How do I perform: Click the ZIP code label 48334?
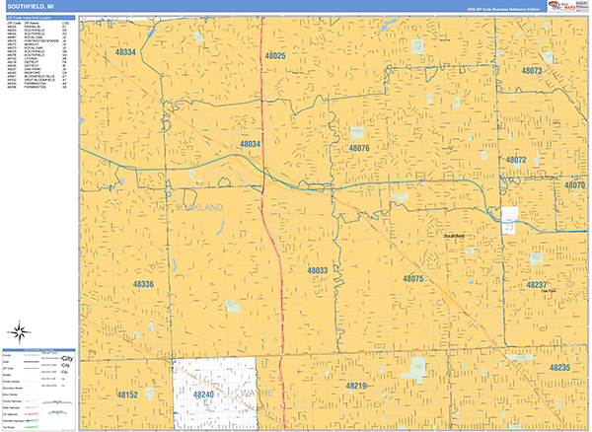click(x=125, y=51)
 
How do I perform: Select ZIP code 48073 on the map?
click(x=532, y=71)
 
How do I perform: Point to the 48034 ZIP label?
click(x=251, y=144)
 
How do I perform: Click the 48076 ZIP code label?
click(x=358, y=148)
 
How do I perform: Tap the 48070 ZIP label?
click(x=574, y=184)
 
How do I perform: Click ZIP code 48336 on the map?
click(x=143, y=284)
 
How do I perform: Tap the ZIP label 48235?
click(x=559, y=367)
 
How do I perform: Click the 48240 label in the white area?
click(x=204, y=394)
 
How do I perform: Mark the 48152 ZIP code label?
click(x=128, y=394)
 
